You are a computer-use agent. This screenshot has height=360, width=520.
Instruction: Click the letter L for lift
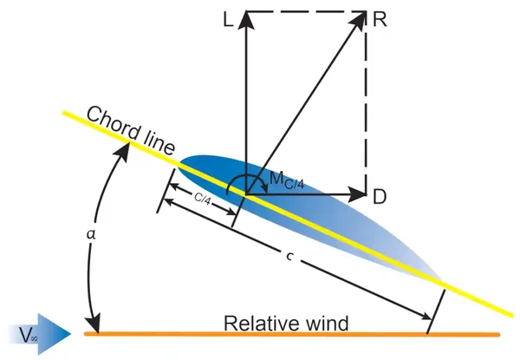229,20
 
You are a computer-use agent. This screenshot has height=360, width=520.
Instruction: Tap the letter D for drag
380,197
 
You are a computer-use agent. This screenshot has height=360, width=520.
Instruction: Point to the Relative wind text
286,324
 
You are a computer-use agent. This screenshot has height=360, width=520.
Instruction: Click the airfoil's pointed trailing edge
438,276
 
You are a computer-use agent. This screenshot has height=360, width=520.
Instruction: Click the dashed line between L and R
303,11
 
